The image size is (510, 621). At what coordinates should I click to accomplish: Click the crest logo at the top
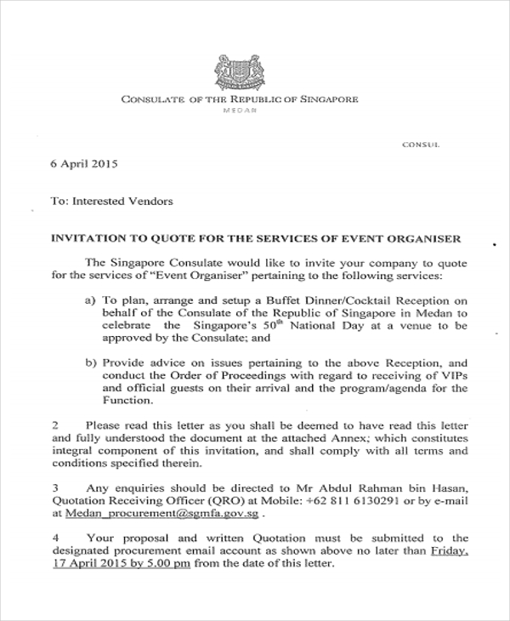[240, 72]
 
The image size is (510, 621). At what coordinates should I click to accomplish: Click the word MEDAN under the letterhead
[241, 112]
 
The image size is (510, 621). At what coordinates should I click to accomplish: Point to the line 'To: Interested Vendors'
[112, 202]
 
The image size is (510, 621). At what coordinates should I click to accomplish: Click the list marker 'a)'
[91, 300]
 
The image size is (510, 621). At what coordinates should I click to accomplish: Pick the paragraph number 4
[56, 538]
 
